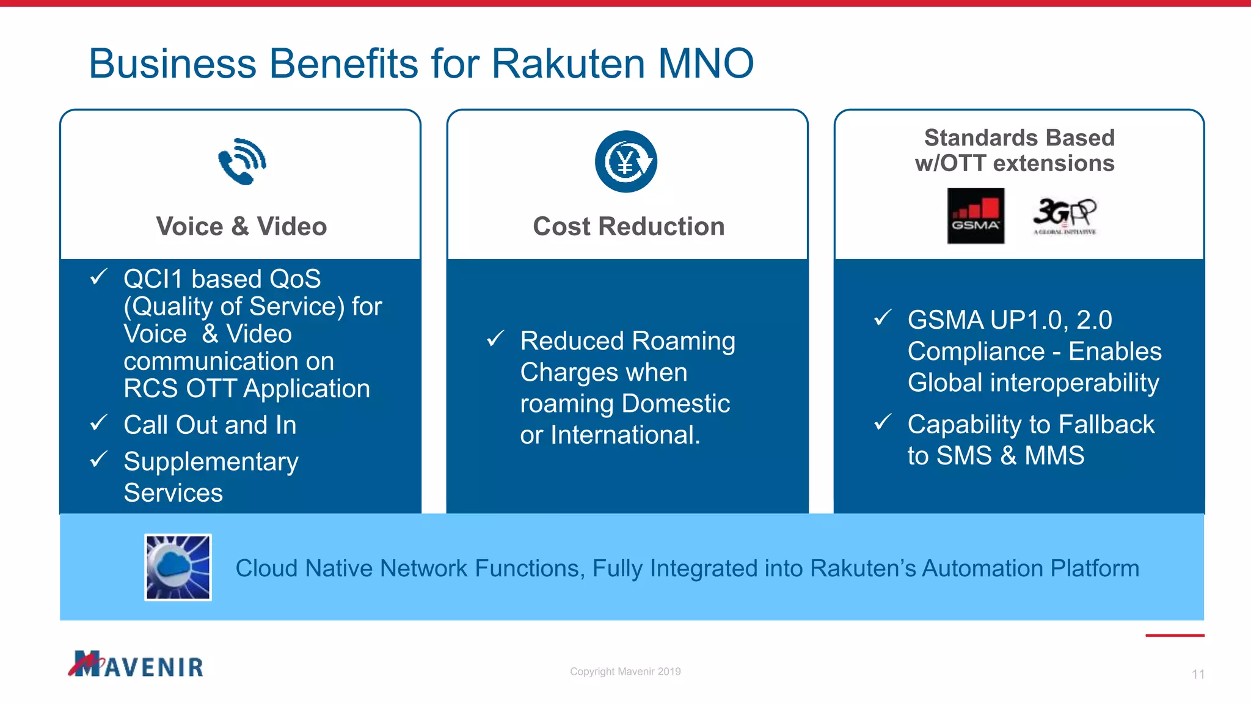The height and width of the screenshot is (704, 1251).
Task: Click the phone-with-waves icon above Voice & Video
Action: [243, 161]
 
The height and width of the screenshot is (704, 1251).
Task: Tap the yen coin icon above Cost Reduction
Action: [626, 162]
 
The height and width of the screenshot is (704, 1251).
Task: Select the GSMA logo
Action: [976, 216]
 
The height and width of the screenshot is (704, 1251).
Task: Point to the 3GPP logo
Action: [1065, 216]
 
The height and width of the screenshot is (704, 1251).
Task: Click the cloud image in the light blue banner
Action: [178, 567]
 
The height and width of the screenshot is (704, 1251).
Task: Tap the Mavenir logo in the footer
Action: [136, 664]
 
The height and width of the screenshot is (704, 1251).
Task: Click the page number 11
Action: [1198, 674]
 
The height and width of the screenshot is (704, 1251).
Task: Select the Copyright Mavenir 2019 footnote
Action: [625, 671]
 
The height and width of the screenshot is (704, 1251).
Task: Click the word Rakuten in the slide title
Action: [568, 64]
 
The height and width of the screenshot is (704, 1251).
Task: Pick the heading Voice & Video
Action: [241, 226]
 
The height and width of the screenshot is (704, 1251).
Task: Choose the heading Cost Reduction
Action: [629, 226]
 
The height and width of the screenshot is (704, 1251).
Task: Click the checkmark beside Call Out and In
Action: [99, 422]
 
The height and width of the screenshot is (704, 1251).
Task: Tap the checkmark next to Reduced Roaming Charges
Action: [495, 338]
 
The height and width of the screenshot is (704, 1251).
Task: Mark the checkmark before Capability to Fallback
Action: [883, 422]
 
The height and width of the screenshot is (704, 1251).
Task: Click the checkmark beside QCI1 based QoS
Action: [99, 277]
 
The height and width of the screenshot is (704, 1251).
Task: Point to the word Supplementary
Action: [211, 462]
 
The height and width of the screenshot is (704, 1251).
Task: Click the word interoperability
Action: [1074, 383]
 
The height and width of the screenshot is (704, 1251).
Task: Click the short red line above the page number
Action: [1175, 636]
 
